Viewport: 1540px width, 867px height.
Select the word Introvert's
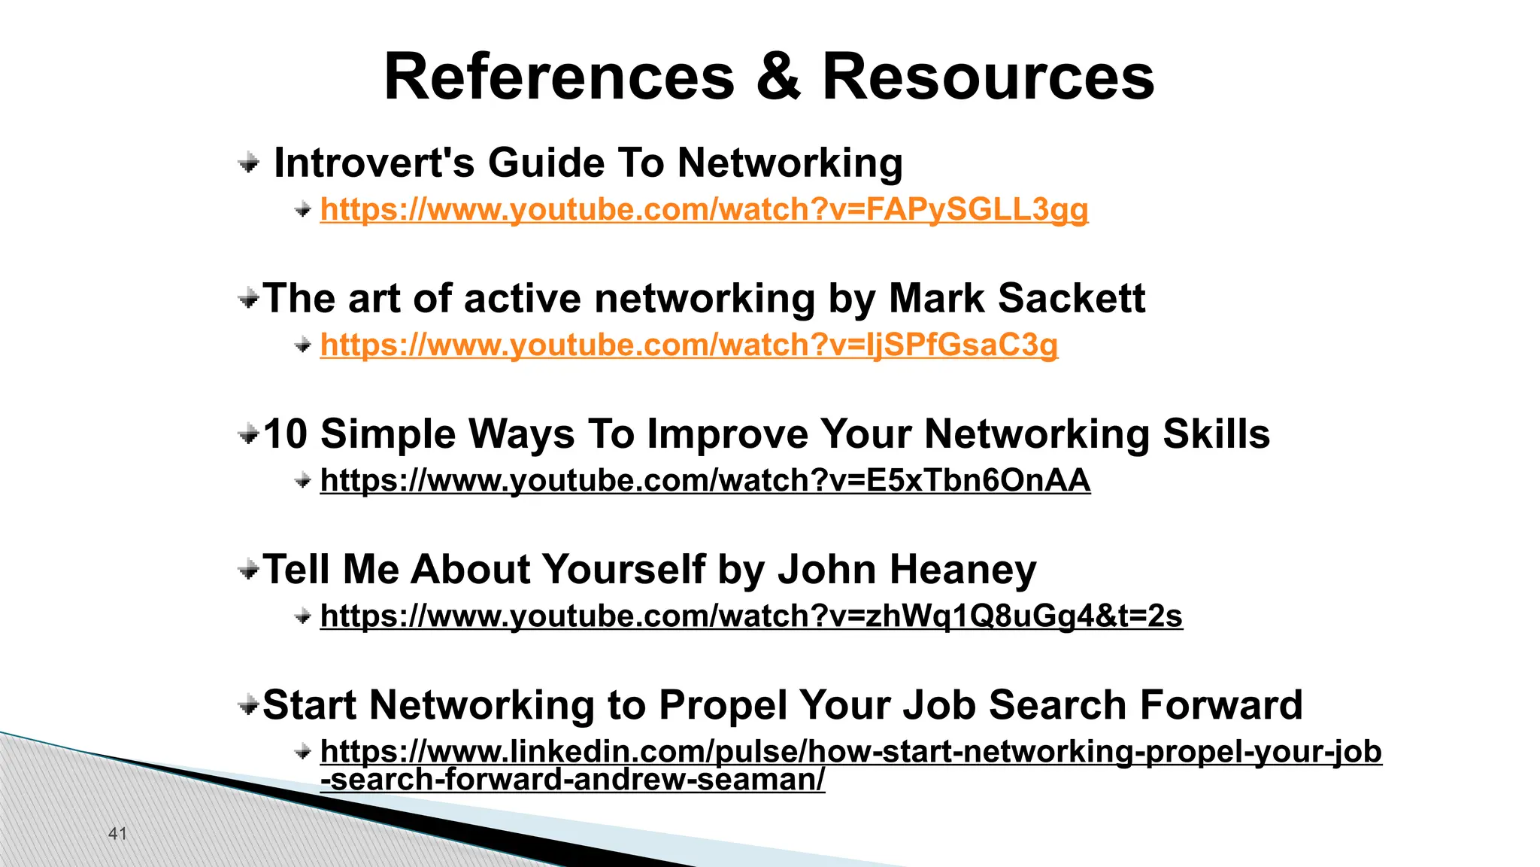pyautogui.click(x=374, y=163)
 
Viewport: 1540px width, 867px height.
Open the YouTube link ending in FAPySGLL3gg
pyautogui.click(x=704, y=209)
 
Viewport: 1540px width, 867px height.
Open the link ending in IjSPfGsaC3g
pyautogui.click(x=689, y=345)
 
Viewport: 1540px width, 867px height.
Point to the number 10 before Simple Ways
pyautogui.click(x=286, y=434)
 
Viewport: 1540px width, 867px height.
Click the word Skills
pyautogui.click(x=1216, y=434)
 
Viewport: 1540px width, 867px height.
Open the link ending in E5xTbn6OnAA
pyautogui.click(x=705, y=480)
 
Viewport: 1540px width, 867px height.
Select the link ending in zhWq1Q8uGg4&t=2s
pyautogui.click(x=751, y=616)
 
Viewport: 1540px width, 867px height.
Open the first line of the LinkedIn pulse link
pyautogui.click(x=850, y=751)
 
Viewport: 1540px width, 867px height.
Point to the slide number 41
pyautogui.click(x=118, y=833)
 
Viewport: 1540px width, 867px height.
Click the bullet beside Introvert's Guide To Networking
pyautogui.click(x=249, y=162)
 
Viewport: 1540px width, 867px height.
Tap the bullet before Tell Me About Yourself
pyautogui.click(x=248, y=570)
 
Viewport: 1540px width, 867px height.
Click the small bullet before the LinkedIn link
pyautogui.click(x=303, y=751)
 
